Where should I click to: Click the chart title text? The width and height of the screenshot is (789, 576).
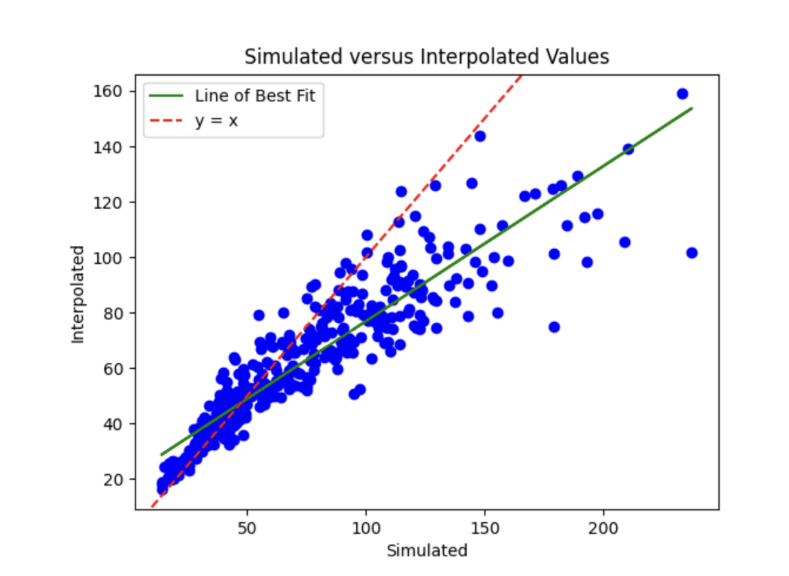click(427, 57)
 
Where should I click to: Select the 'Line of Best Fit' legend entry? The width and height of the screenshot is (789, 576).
click(254, 96)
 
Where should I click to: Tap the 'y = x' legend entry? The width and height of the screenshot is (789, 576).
click(216, 121)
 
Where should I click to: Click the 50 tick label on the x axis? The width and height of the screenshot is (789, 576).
click(247, 528)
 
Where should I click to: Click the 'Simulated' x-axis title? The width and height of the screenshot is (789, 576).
click(427, 550)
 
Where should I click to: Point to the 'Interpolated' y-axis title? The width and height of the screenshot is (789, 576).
click(78, 294)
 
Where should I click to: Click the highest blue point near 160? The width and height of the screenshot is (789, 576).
click(682, 93)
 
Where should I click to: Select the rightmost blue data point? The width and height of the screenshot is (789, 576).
click(691, 252)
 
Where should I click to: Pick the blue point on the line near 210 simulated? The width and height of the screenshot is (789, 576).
click(628, 149)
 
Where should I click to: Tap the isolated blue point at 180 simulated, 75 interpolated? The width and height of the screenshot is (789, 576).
click(554, 327)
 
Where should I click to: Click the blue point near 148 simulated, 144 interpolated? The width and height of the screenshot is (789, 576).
click(480, 136)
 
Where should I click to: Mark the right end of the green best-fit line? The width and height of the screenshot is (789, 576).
click(692, 108)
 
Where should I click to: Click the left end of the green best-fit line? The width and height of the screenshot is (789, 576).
click(161, 454)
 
